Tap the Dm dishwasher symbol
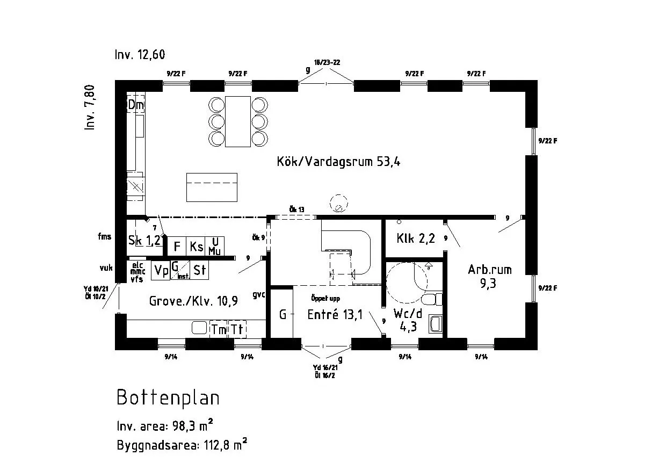(x=136, y=105)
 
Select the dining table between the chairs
(x=238, y=121)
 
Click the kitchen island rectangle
(x=212, y=187)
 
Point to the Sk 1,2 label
(x=144, y=241)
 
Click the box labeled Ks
(x=196, y=247)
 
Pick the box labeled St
(x=199, y=270)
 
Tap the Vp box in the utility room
(x=161, y=270)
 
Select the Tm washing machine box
(x=219, y=329)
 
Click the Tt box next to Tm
(x=237, y=329)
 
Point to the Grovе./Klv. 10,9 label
(x=193, y=301)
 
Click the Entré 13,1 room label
(x=334, y=315)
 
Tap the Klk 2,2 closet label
(x=415, y=238)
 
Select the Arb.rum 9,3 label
(x=489, y=276)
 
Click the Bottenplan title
(x=168, y=399)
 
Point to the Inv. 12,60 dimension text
(x=139, y=55)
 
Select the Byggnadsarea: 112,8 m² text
(x=182, y=445)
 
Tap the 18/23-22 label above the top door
(x=327, y=62)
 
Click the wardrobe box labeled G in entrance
(x=282, y=315)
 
